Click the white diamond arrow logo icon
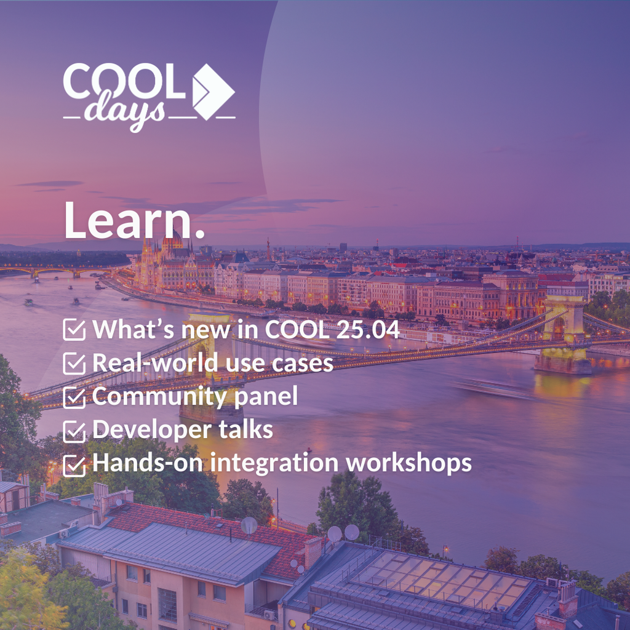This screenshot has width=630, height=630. click(213, 92)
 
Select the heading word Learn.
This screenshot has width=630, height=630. click(135, 221)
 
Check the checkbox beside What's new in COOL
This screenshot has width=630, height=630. click(74, 330)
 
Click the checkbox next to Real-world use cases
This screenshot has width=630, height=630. click(74, 364)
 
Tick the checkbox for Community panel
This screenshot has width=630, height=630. click(74, 397)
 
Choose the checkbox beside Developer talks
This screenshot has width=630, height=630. click(74, 431)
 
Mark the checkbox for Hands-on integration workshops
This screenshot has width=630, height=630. click(74, 465)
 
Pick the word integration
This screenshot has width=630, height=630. click(274, 463)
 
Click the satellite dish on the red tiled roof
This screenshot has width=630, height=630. click(249, 525)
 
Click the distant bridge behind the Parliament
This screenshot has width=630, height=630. click(56, 271)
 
